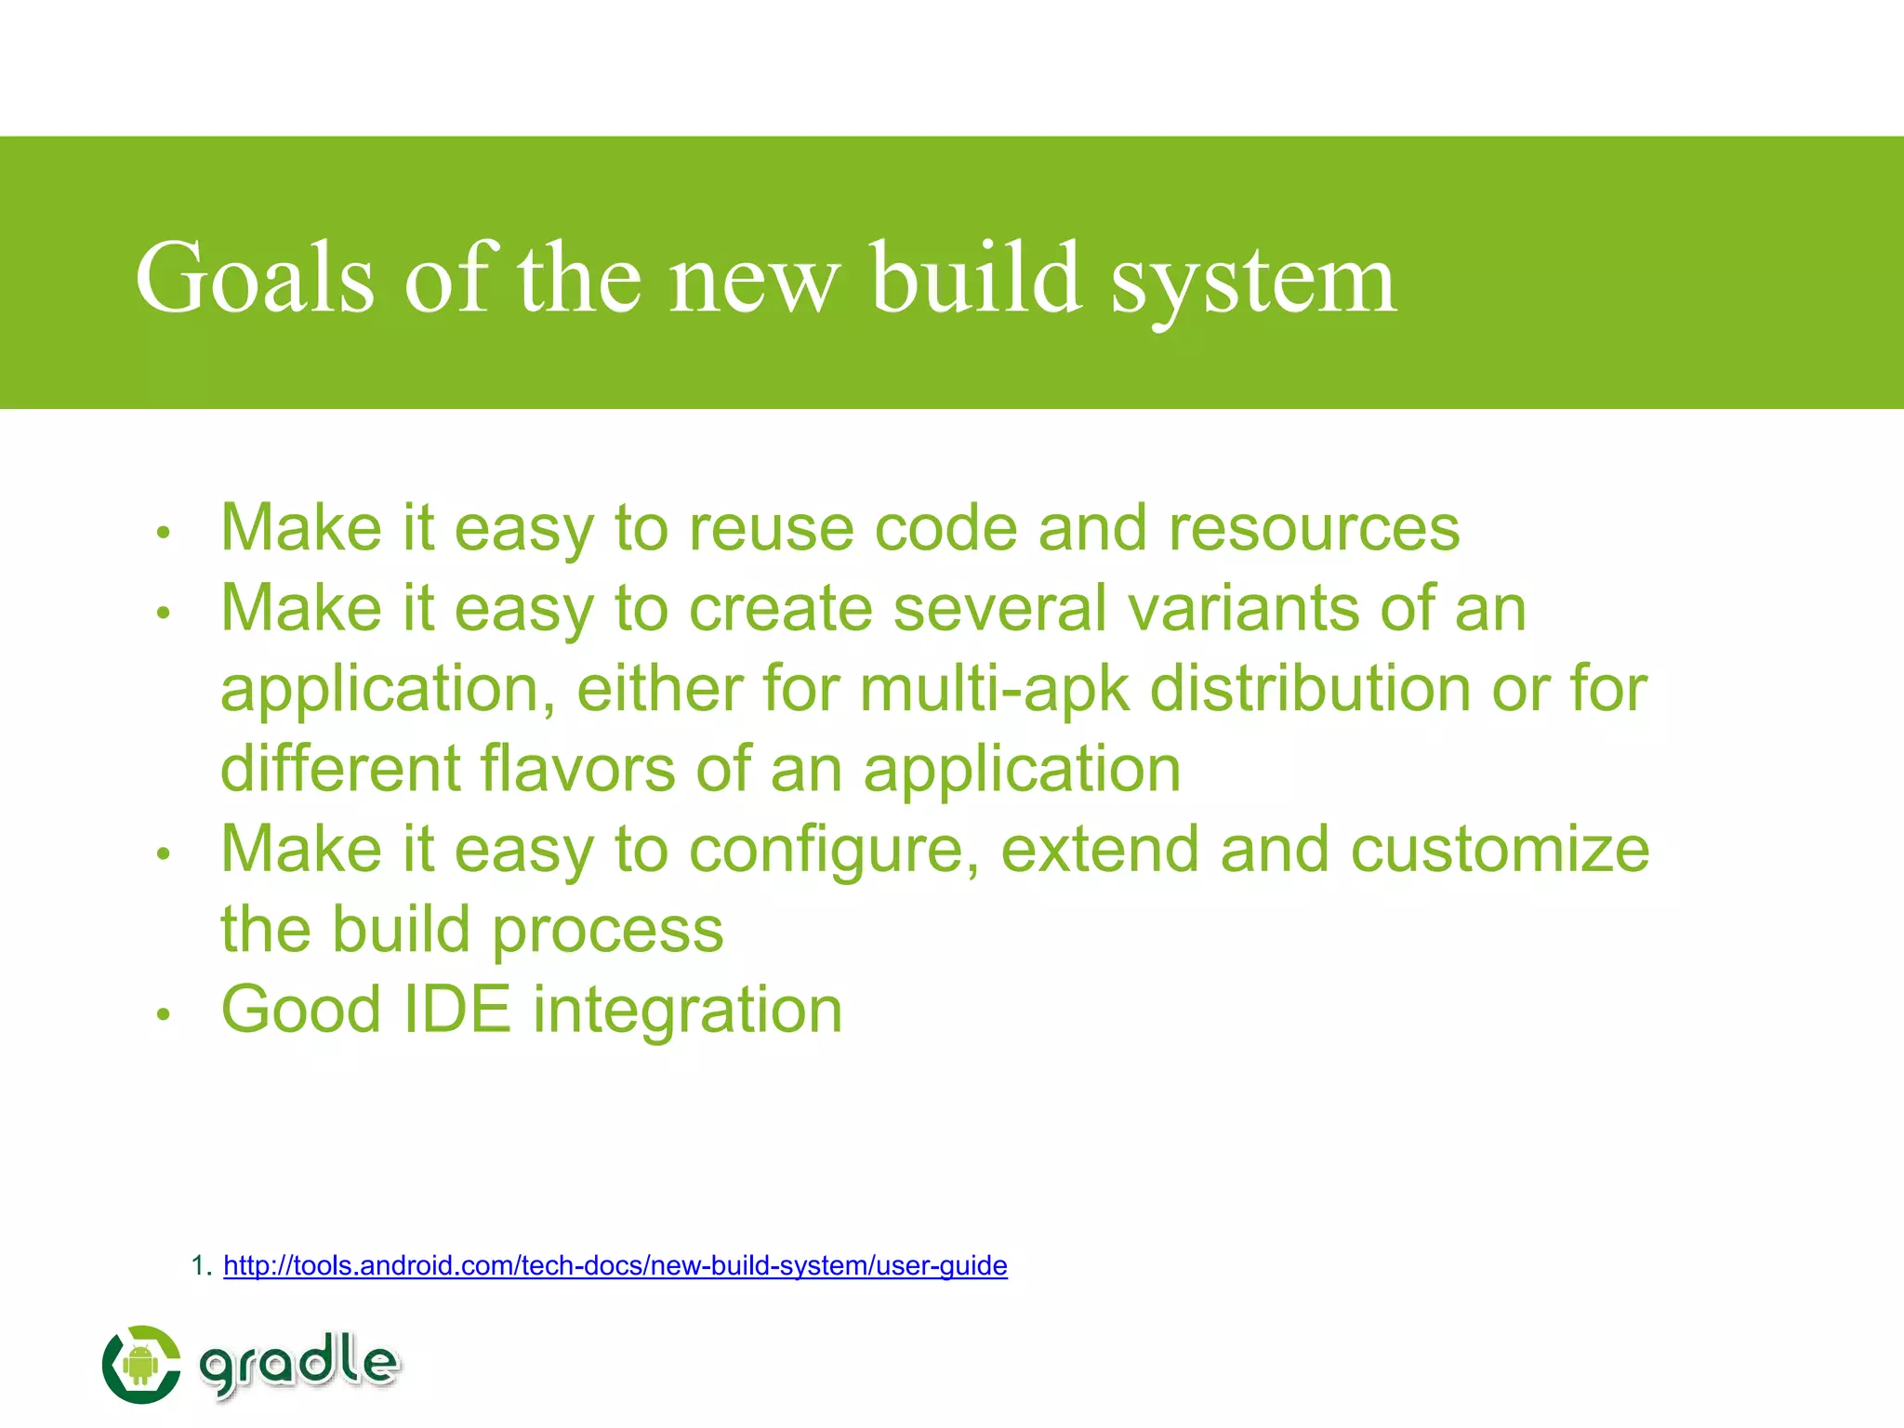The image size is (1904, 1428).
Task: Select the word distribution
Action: click(1310, 689)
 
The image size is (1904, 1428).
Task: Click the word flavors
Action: click(577, 769)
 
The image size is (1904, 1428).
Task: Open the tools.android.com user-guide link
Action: click(615, 1265)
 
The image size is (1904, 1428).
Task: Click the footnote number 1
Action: click(197, 1265)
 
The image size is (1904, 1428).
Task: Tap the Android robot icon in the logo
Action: click(140, 1365)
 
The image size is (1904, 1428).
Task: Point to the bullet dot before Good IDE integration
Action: click(164, 1014)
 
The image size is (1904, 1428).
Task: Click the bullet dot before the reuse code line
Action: click(164, 533)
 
